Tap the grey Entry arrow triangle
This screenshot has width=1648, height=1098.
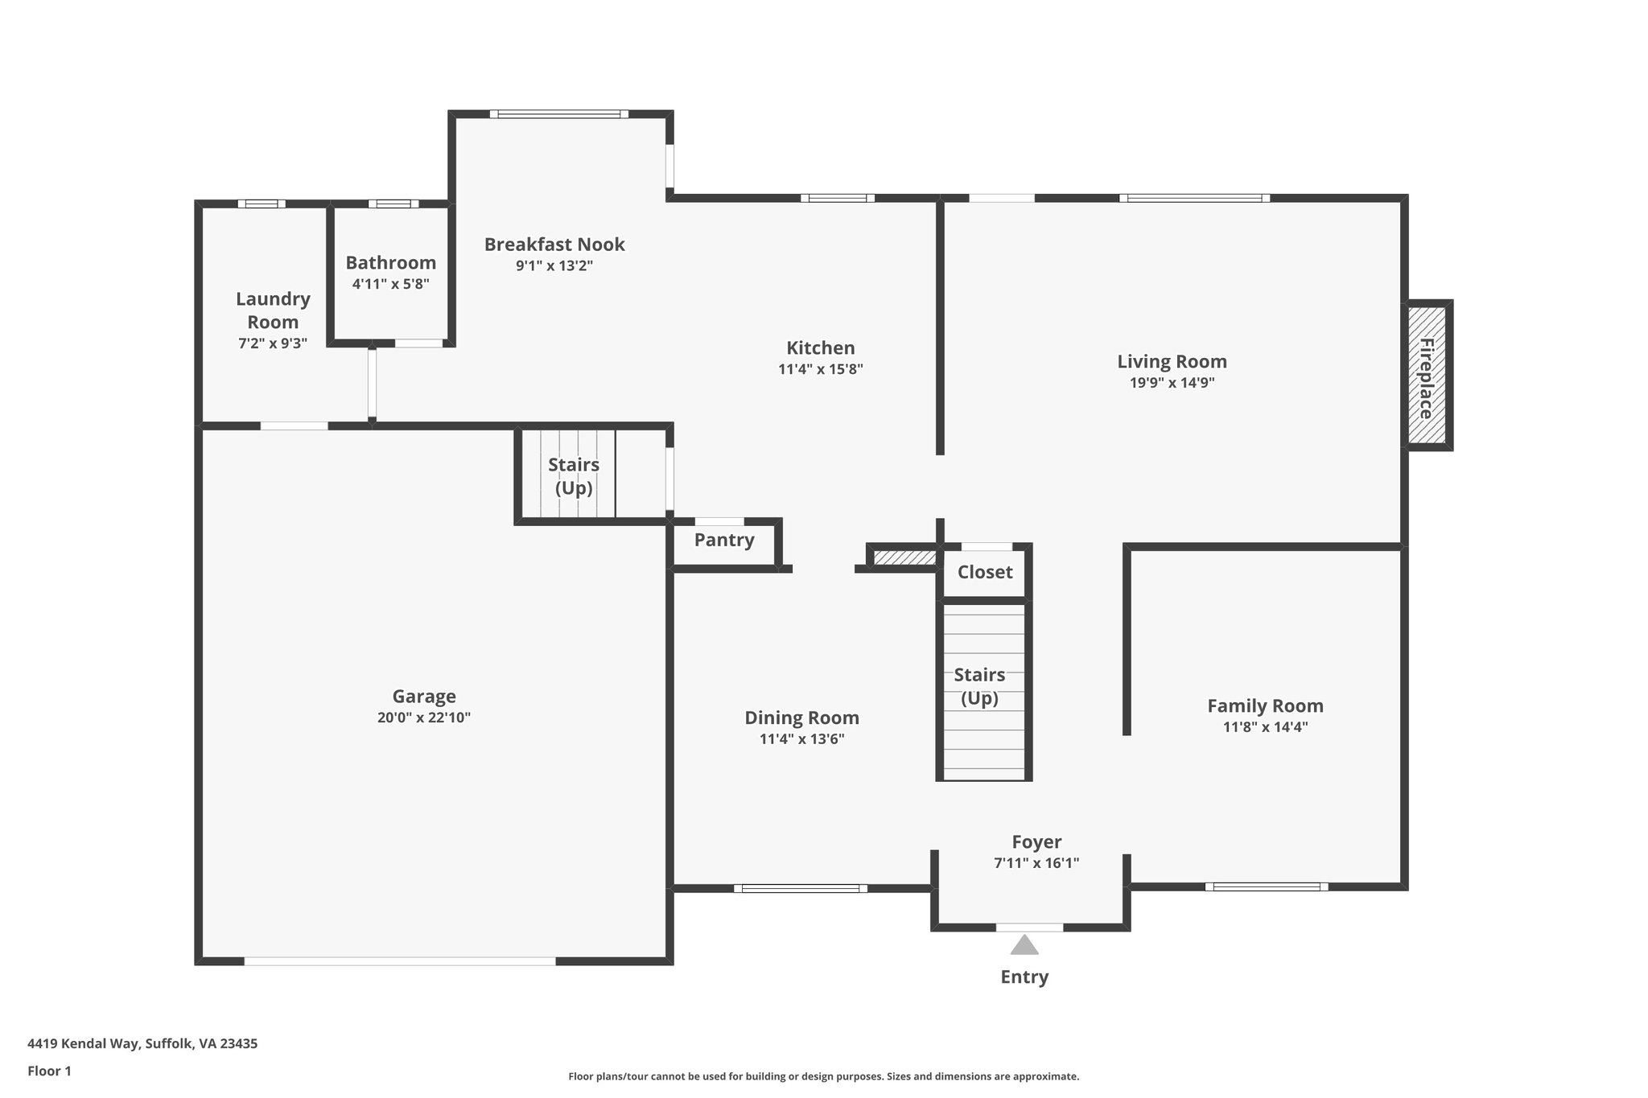pos(1024,944)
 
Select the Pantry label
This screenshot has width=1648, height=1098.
pos(724,540)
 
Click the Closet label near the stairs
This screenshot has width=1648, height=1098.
pos(985,572)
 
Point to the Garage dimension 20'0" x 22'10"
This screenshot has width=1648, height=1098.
pos(424,718)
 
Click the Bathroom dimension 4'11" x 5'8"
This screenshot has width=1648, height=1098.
pos(391,284)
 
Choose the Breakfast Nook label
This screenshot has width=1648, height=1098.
pos(554,244)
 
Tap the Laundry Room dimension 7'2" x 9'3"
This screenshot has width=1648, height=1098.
pos(273,343)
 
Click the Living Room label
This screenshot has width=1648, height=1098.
pos(1172,361)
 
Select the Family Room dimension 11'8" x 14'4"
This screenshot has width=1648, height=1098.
pos(1265,727)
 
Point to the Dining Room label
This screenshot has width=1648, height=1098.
pos(801,718)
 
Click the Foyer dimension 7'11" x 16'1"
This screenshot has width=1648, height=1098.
pos(1036,863)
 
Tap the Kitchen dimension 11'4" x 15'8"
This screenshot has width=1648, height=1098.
pos(820,369)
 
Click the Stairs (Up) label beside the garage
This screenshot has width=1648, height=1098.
pos(574,476)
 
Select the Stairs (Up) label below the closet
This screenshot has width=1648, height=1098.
pos(979,686)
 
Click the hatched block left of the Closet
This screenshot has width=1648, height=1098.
pos(904,557)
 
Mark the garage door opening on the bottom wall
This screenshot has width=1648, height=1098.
pos(400,960)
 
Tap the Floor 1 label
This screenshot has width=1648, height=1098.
pos(49,1071)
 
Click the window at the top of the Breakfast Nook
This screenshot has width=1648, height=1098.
pos(559,114)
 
